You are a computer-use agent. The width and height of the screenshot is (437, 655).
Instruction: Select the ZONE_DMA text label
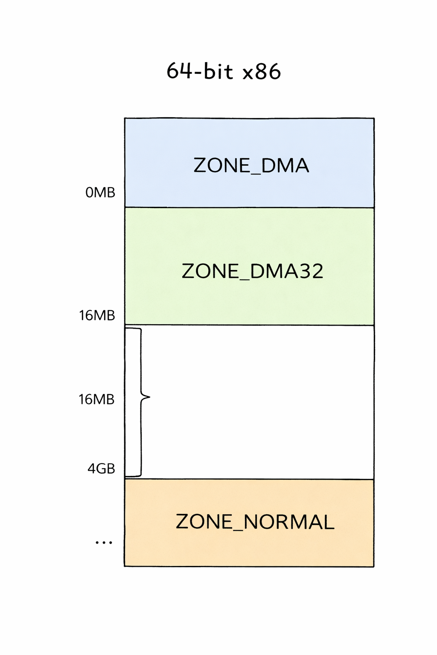tap(251, 165)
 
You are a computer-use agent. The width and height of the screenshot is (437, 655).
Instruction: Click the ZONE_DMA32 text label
tap(252, 271)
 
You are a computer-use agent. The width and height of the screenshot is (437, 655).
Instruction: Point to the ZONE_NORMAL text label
tap(255, 522)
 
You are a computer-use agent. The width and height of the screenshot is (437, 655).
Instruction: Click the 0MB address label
tap(100, 193)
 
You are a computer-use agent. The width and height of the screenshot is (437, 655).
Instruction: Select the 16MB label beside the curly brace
tap(96, 400)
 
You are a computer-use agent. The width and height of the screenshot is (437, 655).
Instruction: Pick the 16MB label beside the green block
tap(97, 316)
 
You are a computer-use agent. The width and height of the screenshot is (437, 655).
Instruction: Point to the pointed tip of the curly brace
tap(149, 397)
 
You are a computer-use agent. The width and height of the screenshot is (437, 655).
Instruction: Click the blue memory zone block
tap(249, 163)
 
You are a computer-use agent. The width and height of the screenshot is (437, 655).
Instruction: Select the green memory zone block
tap(249, 267)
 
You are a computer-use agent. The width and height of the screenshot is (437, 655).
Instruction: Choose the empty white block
tap(249, 402)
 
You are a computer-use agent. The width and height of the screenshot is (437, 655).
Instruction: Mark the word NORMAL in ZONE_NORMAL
tap(289, 522)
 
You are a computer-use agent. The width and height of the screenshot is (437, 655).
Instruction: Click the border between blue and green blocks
tap(249, 208)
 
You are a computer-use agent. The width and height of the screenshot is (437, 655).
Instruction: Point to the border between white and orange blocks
tap(249, 479)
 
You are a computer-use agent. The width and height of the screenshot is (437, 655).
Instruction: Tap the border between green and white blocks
tap(249, 325)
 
